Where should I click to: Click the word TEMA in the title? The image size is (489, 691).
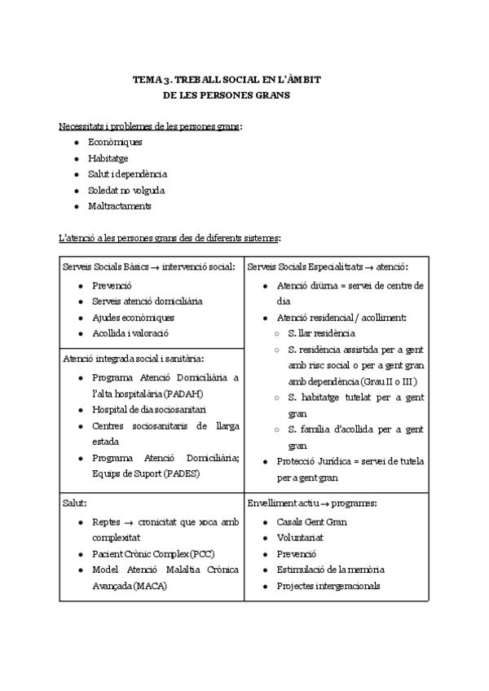point(146,80)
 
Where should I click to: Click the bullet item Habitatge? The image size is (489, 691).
point(108,158)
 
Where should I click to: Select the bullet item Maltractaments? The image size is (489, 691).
point(119,206)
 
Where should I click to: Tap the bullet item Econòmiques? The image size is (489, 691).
point(115,143)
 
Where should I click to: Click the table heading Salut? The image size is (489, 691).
point(75,504)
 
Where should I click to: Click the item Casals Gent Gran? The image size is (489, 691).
point(312,522)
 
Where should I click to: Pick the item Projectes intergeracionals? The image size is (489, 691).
point(328,586)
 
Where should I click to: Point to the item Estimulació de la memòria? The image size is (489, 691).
point(330,570)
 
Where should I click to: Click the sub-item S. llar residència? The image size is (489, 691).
point(321,333)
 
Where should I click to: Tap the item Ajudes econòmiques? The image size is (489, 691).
point(133,317)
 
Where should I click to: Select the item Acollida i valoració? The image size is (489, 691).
point(133,333)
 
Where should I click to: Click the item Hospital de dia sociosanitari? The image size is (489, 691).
point(148,410)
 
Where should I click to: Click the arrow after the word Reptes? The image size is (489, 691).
point(129,522)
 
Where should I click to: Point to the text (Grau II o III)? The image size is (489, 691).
point(389,381)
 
